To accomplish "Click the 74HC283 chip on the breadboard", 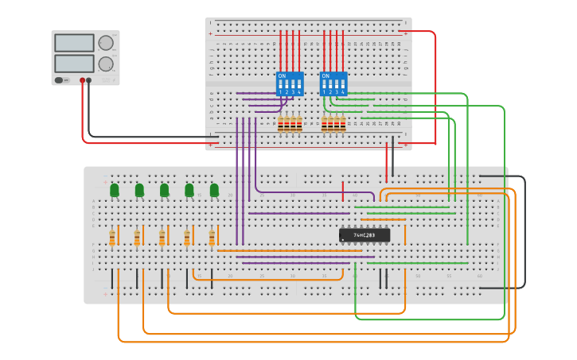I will tap(365, 235).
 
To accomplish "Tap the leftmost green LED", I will tap(115, 190).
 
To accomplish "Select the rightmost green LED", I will tap(214, 190).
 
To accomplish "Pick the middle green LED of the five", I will tap(165, 190).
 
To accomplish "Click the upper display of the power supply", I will tap(74, 43).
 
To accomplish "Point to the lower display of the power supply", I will tap(74, 63).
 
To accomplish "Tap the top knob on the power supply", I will tap(106, 43).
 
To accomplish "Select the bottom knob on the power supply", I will tap(106, 64).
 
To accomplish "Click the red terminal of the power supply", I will tap(82, 80).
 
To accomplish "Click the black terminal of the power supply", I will tap(89, 80).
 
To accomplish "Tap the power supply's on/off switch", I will tap(60, 80).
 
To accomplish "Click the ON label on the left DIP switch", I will tap(282, 76).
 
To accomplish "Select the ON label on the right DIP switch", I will tap(326, 76).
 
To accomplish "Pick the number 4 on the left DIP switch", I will tap(299, 93).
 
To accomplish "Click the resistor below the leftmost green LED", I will tap(112, 238).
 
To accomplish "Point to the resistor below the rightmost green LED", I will tap(212, 238).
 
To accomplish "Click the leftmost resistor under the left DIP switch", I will tap(281, 123).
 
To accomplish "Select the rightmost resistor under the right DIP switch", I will tap(344, 123).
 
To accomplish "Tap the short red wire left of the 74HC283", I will tap(343, 192).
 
